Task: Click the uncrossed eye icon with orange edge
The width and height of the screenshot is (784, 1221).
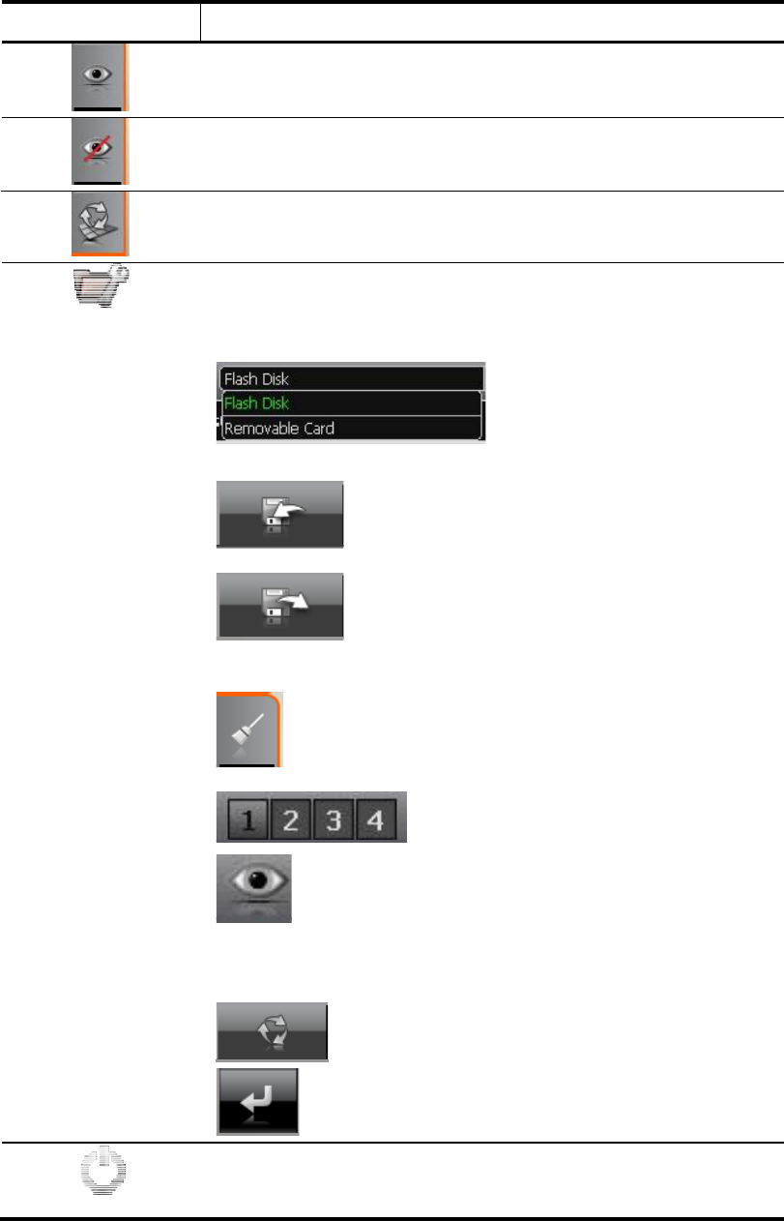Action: point(98,77)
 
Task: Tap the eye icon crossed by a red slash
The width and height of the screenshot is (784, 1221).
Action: point(98,152)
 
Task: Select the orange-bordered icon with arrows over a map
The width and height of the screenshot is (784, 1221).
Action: point(99,224)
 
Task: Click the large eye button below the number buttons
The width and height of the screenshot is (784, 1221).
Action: point(253,887)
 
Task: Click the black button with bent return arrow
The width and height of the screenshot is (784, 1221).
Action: point(257,1100)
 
